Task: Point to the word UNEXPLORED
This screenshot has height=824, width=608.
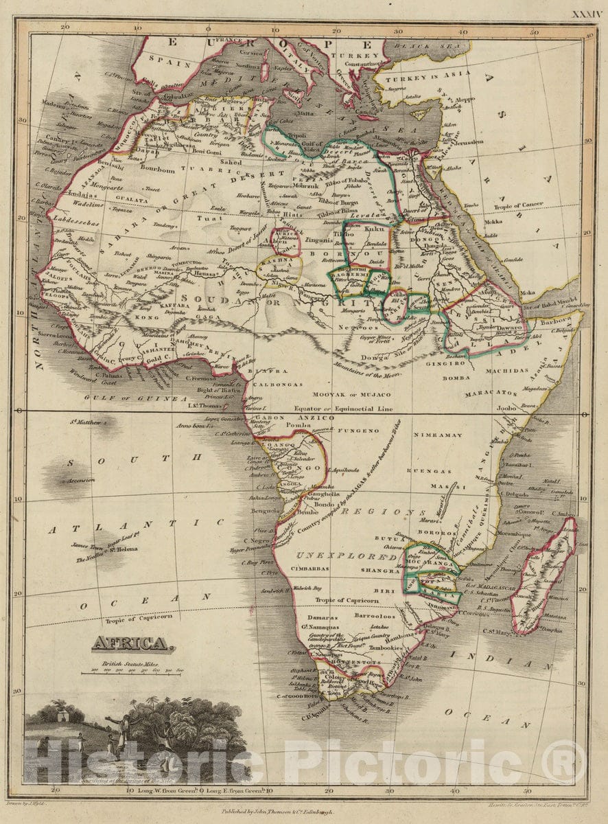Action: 346,556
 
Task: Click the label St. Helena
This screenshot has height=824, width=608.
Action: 119,549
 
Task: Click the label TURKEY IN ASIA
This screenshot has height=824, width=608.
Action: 430,73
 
